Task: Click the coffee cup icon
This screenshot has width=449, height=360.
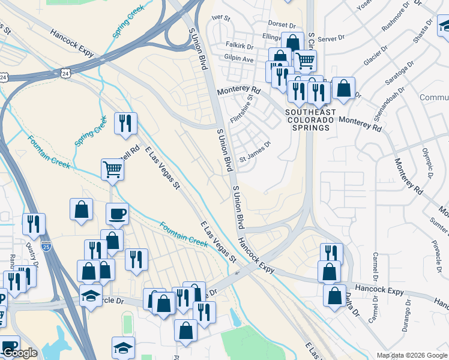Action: tap(117, 213)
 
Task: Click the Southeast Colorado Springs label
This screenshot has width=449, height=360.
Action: tap(310, 120)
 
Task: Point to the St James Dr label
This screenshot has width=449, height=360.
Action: tap(256, 158)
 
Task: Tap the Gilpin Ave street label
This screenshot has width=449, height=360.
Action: tap(239, 59)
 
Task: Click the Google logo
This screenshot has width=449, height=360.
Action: tap(20, 353)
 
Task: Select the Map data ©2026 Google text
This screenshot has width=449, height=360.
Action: tap(412, 355)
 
